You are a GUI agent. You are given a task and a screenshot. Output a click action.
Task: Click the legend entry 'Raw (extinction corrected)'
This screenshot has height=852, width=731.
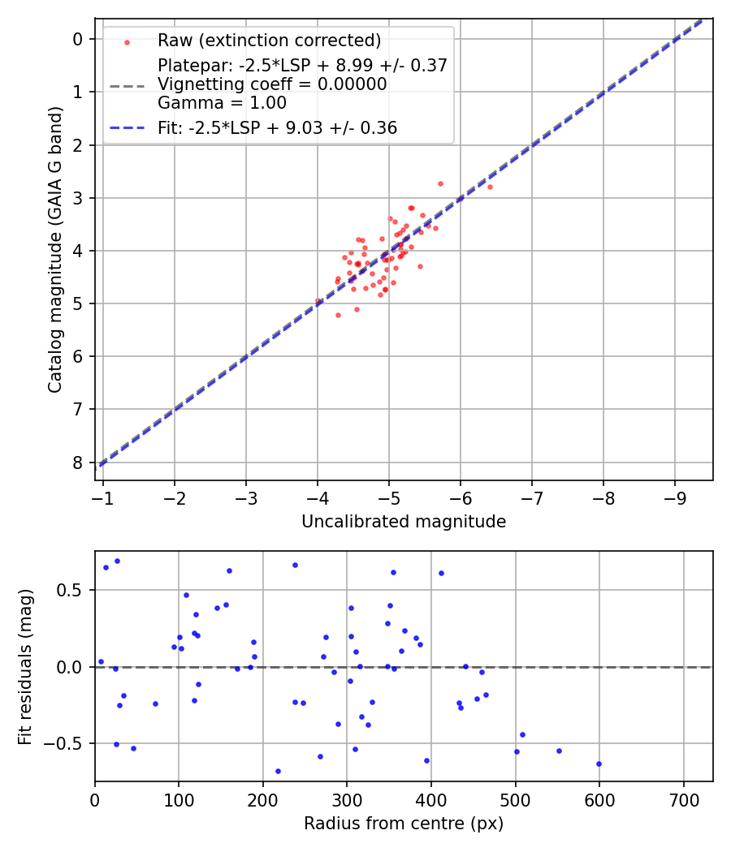coord(269,41)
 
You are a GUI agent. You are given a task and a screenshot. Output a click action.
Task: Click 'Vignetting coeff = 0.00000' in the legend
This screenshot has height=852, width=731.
coord(272,84)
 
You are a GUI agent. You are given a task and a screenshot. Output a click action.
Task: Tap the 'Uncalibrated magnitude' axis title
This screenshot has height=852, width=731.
coord(404,522)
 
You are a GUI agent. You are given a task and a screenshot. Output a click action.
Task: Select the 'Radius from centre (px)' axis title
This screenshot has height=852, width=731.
coord(404,824)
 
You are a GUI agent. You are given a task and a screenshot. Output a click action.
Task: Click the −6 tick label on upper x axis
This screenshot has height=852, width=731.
coord(460,497)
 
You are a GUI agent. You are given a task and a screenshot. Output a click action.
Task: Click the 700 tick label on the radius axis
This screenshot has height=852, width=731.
coord(683,798)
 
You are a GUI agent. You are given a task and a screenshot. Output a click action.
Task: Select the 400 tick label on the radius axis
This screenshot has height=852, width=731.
coord(431,798)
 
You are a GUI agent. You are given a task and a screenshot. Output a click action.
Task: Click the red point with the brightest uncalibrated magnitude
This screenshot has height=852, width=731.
coord(490,187)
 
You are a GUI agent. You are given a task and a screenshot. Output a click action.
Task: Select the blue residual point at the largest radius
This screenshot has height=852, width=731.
coord(599,764)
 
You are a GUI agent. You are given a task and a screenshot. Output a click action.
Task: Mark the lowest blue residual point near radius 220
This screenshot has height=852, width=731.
coord(278,771)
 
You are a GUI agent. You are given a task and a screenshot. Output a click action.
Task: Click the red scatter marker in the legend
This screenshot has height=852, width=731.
coord(126,41)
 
